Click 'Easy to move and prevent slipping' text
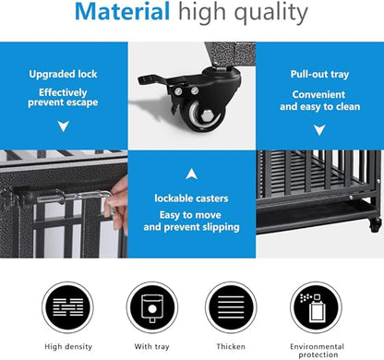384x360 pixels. [x=192, y=220]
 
